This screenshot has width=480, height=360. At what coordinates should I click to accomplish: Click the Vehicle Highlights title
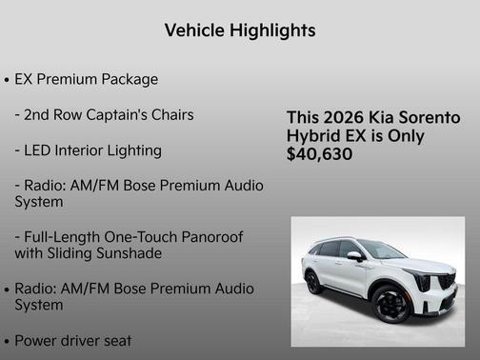point(240,30)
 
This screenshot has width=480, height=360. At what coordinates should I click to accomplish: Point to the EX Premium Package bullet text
point(87,79)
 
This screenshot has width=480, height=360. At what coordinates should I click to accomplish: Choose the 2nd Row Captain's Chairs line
point(105,115)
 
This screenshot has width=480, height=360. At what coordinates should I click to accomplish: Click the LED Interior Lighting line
point(89,150)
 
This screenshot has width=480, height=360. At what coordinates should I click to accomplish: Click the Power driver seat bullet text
point(73,340)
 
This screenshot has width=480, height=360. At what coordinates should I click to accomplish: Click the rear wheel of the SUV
point(313,282)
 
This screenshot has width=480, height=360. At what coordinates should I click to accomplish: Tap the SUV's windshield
point(381,250)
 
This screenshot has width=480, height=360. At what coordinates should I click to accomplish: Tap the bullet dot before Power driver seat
point(8,341)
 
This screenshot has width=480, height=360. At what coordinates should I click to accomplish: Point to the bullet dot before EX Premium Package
point(8,80)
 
